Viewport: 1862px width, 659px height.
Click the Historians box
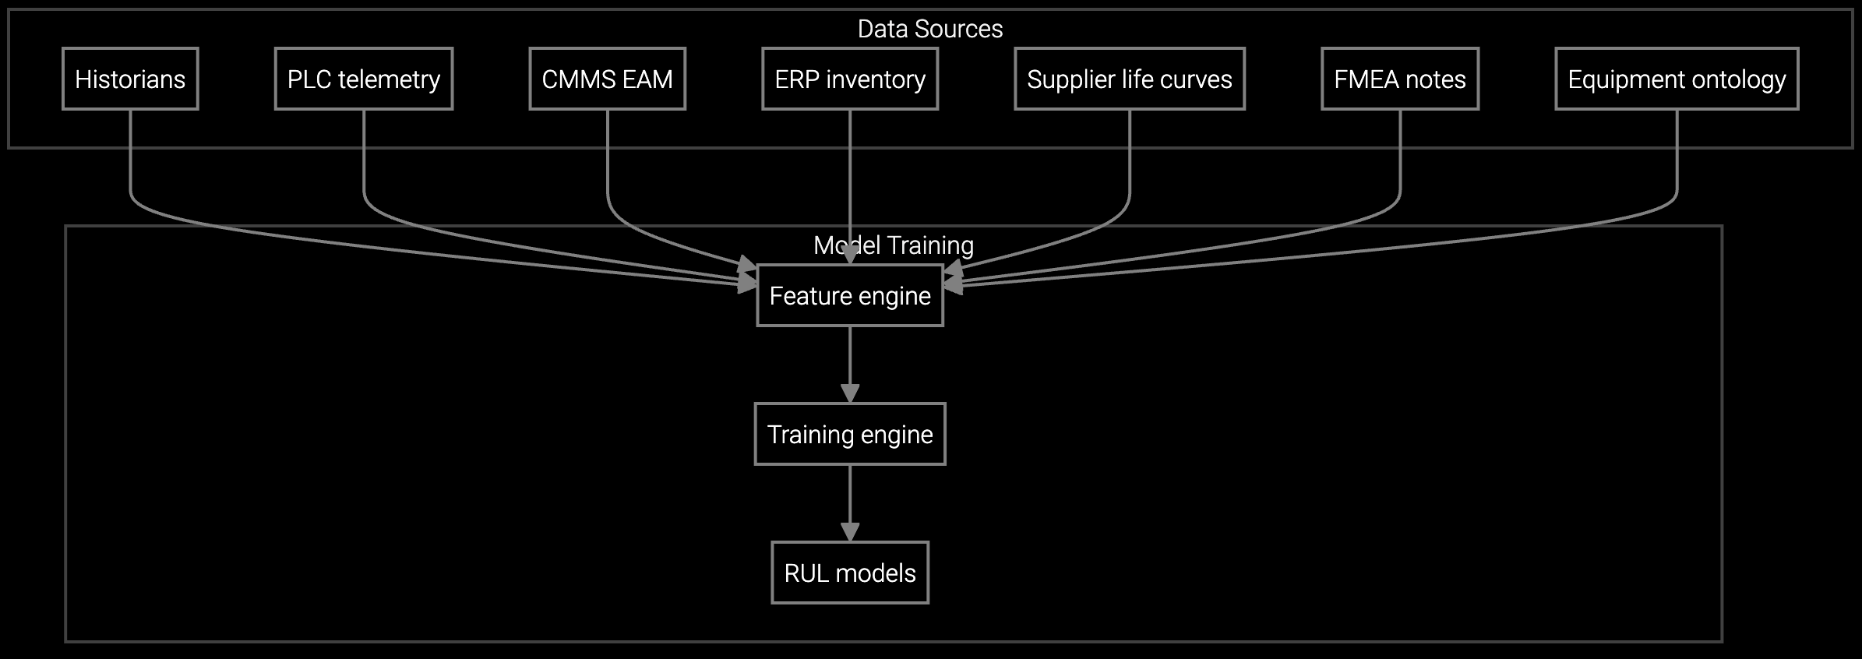[x=130, y=79]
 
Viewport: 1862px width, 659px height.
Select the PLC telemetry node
[x=363, y=79]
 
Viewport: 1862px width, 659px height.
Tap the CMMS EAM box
[x=607, y=79]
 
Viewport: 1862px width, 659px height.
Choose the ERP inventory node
[x=849, y=79]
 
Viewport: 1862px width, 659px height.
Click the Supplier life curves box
[x=1129, y=79]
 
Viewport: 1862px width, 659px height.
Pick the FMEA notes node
[x=1399, y=79]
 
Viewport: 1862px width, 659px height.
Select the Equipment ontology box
[x=1677, y=79]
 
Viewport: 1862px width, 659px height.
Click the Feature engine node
[x=849, y=295]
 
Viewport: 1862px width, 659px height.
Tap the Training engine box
[x=849, y=434]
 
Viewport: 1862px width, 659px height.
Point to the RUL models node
[x=849, y=573]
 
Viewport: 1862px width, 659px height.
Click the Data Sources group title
[x=929, y=29]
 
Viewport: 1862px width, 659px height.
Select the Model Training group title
[x=893, y=245]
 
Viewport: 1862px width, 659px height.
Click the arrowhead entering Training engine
[x=850, y=393]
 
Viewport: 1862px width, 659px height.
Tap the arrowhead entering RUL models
[x=850, y=532]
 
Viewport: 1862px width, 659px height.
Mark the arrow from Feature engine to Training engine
[x=850, y=358]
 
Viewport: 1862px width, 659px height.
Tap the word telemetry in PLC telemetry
[x=389, y=79]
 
